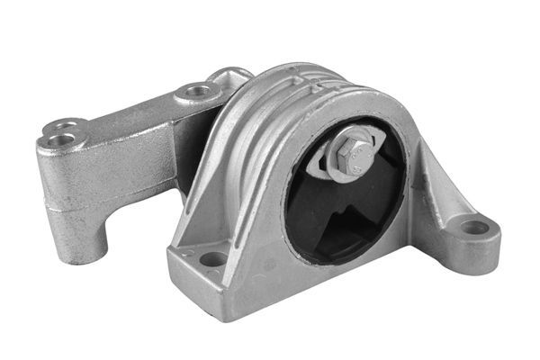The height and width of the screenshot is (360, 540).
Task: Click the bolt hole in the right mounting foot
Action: pyautogui.click(x=473, y=228)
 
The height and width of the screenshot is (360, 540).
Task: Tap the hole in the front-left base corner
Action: pyautogui.click(x=213, y=259)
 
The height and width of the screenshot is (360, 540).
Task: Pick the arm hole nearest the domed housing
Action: pyautogui.click(x=195, y=91)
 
